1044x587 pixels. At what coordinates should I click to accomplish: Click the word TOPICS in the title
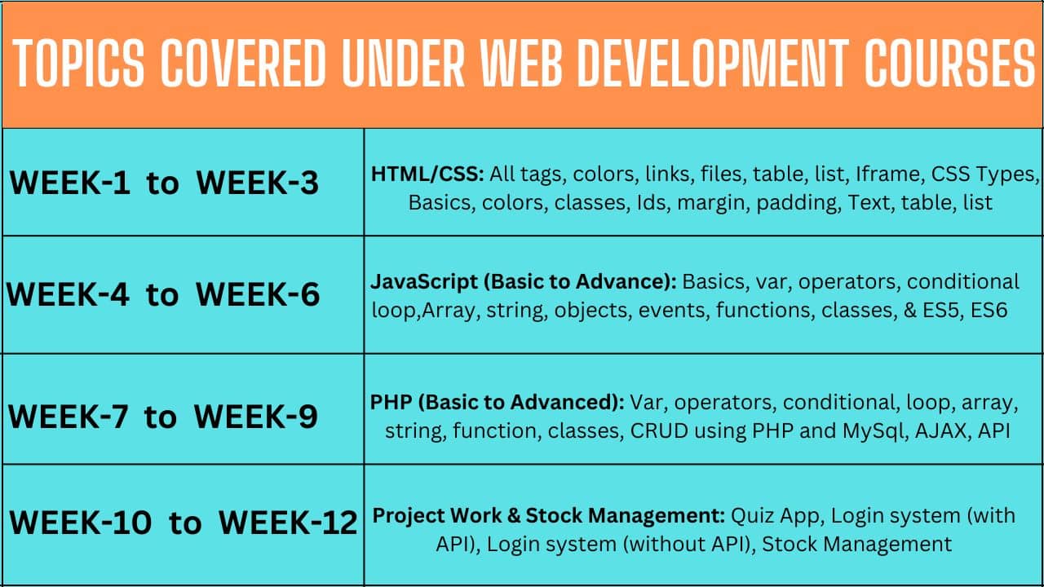tap(79, 63)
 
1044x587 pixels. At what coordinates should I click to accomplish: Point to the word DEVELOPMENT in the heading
tap(713, 63)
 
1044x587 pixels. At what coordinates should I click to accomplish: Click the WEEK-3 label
tap(258, 182)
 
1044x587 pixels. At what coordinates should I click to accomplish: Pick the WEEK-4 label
tap(68, 294)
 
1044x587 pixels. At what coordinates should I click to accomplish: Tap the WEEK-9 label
tap(256, 416)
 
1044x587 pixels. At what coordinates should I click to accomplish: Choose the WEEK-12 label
tap(288, 522)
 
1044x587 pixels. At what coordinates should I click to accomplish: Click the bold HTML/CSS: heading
tap(428, 174)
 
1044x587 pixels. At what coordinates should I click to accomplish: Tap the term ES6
tap(989, 311)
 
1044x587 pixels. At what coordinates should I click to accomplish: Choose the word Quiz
tap(752, 516)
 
